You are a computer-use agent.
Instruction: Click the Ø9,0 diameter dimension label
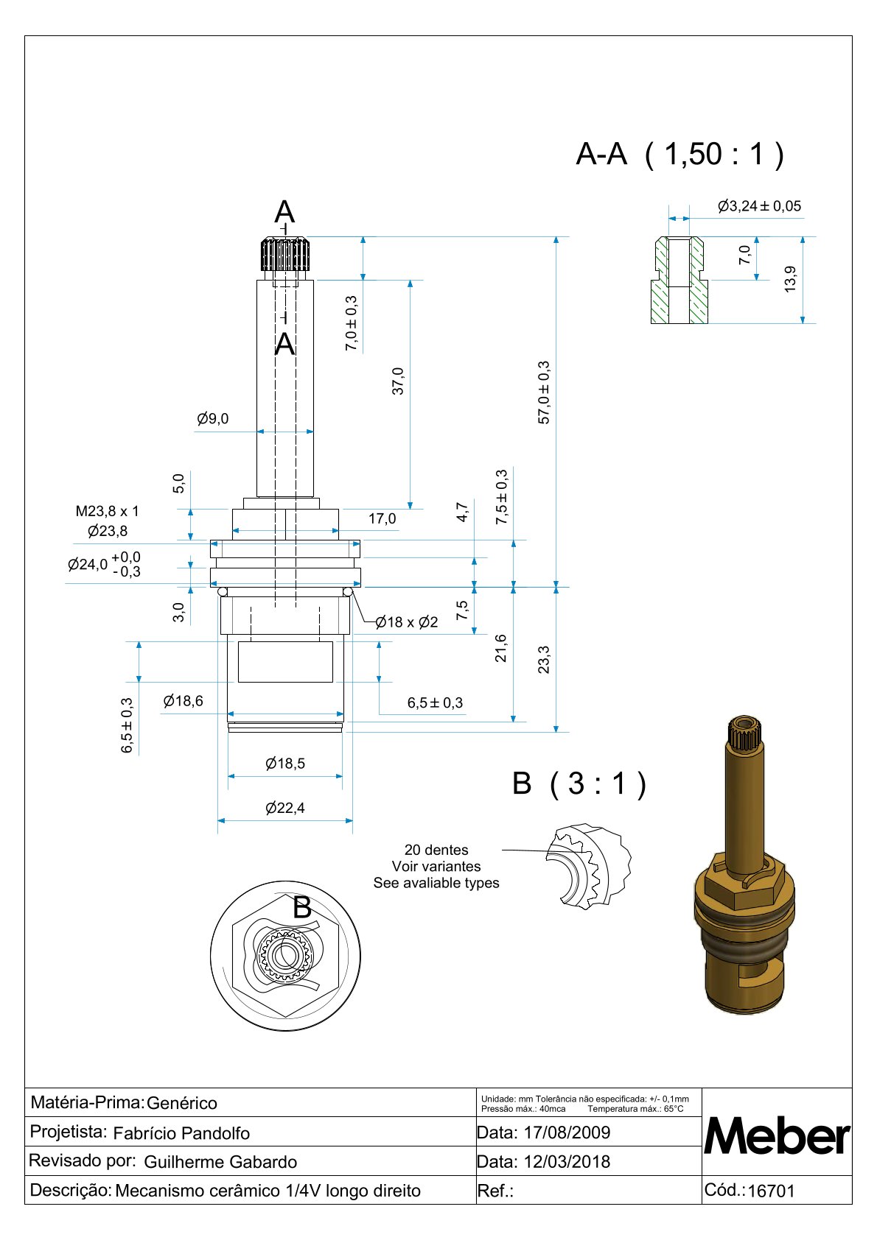click(213, 419)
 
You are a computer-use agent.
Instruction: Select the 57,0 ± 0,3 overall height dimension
click(544, 392)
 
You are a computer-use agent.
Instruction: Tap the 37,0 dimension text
click(398, 381)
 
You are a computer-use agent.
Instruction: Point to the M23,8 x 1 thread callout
click(107, 511)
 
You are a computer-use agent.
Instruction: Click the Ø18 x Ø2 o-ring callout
click(407, 622)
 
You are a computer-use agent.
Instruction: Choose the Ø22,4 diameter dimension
click(285, 808)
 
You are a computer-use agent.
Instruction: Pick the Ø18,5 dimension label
click(285, 764)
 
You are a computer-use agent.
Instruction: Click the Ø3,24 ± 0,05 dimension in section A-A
click(759, 206)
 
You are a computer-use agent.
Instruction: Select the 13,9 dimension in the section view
click(790, 279)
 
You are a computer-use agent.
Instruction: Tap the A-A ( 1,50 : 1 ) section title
click(679, 155)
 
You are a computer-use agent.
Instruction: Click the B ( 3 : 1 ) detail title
click(579, 783)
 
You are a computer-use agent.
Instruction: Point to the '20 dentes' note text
click(436, 850)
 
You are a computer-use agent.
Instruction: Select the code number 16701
click(771, 1191)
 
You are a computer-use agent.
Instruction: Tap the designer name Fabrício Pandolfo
click(181, 1133)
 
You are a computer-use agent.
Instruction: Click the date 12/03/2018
click(567, 1162)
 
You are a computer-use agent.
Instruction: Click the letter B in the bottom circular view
click(302, 908)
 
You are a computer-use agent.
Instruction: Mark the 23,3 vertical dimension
click(544, 660)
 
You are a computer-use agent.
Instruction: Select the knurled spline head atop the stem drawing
click(284, 254)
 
